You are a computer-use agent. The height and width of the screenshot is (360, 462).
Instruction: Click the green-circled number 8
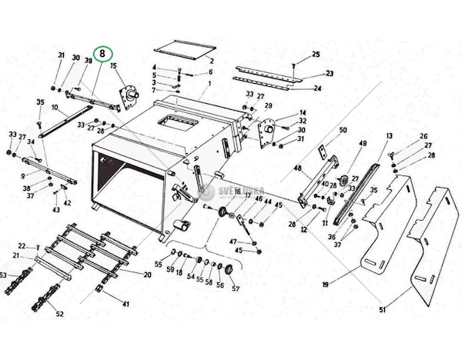(103, 55)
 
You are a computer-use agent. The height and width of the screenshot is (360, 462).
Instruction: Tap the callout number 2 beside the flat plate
(211, 58)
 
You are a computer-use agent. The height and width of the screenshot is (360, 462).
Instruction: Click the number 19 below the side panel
(326, 285)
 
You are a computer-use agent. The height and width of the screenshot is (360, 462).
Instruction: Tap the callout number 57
(236, 290)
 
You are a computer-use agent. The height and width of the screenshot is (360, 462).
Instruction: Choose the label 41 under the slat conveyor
(126, 304)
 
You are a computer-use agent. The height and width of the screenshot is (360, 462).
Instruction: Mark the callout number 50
(343, 130)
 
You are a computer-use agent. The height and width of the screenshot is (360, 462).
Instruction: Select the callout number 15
(113, 67)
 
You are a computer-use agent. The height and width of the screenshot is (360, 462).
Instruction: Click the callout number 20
(147, 275)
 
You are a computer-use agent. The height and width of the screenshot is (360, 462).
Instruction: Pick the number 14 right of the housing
(303, 112)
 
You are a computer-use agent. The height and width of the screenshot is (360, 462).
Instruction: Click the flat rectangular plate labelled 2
(182, 52)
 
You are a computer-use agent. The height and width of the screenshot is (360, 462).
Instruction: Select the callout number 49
(362, 144)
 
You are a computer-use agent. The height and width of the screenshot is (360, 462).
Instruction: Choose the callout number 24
(317, 88)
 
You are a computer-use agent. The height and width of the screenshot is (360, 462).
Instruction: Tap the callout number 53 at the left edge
(3, 275)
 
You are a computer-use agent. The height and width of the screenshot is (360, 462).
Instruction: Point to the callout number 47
(233, 242)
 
